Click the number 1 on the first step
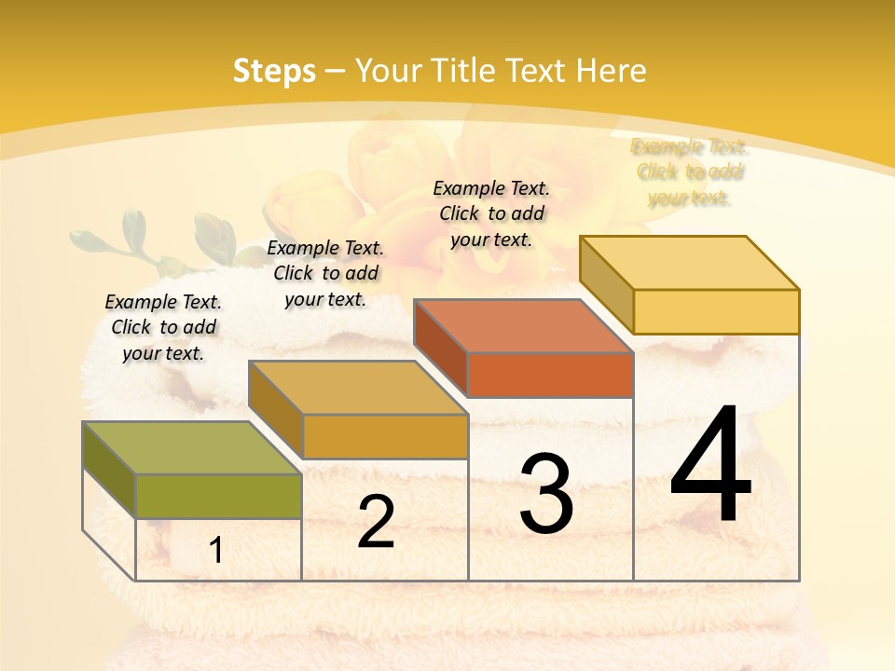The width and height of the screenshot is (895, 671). pyautogui.click(x=216, y=551)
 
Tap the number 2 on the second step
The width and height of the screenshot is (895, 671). pyautogui.click(x=376, y=522)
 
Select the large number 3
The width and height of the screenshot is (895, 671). pyautogui.click(x=546, y=494)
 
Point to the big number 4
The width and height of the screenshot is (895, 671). pyautogui.click(x=710, y=465)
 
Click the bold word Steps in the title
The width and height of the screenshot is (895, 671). pyautogui.click(x=274, y=71)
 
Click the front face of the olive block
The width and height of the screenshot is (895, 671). pyautogui.click(x=218, y=496)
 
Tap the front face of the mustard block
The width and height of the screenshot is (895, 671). pyautogui.click(x=385, y=436)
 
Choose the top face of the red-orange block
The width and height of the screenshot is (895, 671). pyautogui.click(x=523, y=326)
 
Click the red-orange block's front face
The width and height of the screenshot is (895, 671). pyautogui.click(x=550, y=375)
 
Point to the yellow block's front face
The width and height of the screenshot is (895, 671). pyautogui.click(x=716, y=311)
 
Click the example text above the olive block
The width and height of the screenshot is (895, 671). pyautogui.click(x=163, y=327)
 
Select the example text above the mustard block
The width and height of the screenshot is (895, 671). pyautogui.click(x=325, y=273)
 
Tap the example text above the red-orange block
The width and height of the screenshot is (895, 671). pyautogui.click(x=491, y=213)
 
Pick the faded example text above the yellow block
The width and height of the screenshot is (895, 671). pyautogui.click(x=690, y=171)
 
